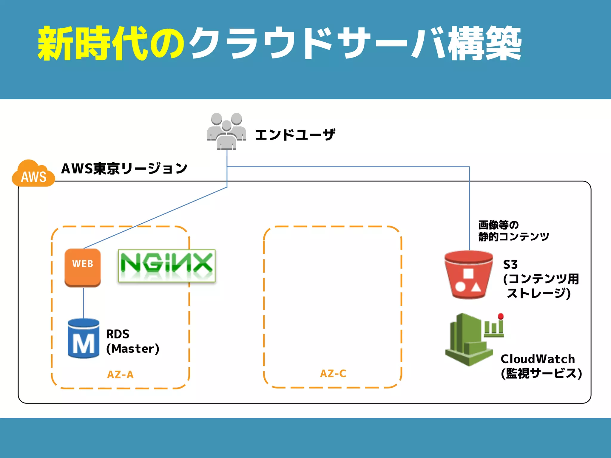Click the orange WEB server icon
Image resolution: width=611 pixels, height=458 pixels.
(x=83, y=267)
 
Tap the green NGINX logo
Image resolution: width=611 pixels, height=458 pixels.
(x=166, y=266)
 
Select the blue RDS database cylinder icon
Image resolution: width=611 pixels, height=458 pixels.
(x=83, y=338)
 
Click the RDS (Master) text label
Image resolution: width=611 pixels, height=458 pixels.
(x=132, y=341)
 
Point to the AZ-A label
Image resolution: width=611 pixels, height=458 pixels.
(x=120, y=375)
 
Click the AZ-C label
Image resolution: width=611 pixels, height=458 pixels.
(x=333, y=374)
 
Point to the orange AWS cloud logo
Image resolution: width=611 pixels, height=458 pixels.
(x=33, y=174)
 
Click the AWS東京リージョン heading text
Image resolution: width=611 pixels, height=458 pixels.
(x=124, y=168)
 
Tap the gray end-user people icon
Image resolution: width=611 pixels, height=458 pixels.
(x=226, y=131)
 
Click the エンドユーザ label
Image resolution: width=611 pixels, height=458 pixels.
(x=295, y=135)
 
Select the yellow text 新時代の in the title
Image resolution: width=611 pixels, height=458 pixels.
(x=110, y=44)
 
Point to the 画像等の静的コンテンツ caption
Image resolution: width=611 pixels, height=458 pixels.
(x=513, y=231)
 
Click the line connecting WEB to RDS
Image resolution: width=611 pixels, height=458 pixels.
(x=84, y=303)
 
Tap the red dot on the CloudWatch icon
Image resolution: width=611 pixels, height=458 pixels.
(x=501, y=316)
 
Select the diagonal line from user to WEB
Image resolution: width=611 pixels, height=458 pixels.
(x=155, y=218)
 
